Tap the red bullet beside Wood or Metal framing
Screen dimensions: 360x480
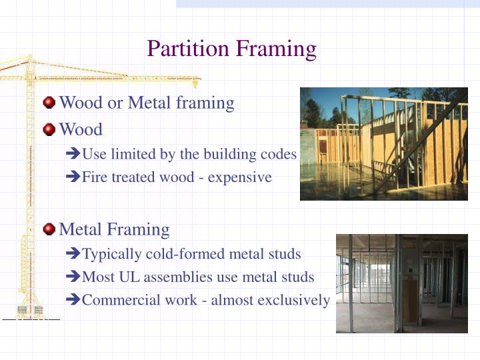click(49, 103)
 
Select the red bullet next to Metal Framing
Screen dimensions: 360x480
click(49, 230)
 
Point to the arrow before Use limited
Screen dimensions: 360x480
click(74, 155)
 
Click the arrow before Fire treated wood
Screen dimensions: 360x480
click(74, 178)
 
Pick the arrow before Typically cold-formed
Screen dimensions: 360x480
click(74, 255)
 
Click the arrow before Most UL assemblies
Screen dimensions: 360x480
click(74, 277)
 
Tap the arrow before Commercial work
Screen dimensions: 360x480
click(74, 301)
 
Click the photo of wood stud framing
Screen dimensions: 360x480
click(383, 144)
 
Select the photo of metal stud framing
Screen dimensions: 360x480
click(401, 283)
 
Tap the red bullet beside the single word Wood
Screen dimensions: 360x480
click(49, 129)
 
